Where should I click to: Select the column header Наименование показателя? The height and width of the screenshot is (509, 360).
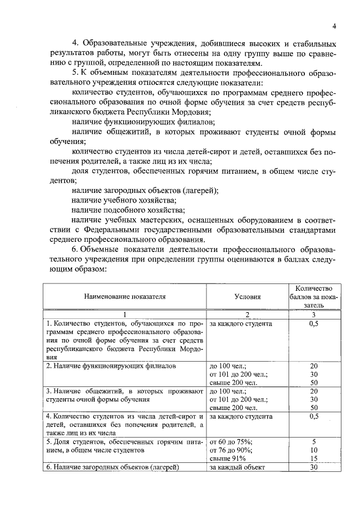click(125, 296)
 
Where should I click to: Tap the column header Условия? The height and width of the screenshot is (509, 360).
click(247, 296)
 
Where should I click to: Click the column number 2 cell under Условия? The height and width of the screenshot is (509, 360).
click(247, 314)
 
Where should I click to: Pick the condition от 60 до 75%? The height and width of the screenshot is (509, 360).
click(231, 442)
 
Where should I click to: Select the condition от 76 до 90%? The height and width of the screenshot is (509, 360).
click(231, 451)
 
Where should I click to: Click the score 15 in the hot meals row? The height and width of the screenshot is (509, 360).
click(314, 459)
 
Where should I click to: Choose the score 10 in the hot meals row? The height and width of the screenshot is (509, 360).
click(314, 451)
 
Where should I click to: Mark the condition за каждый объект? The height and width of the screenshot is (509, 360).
click(237, 468)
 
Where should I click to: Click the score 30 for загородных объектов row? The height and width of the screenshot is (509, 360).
click(314, 468)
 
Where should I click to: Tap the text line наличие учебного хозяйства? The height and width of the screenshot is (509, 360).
click(124, 200)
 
